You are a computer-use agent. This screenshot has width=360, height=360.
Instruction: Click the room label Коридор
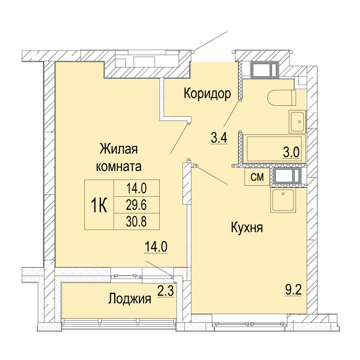click(x=207, y=94)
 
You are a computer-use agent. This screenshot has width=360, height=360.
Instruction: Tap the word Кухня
click(x=247, y=228)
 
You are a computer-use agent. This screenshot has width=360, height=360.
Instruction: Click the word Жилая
click(x=119, y=149)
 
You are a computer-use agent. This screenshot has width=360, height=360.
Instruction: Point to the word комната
click(x=119, y=166)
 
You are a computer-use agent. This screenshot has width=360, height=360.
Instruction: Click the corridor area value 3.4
click(x=219, y=138)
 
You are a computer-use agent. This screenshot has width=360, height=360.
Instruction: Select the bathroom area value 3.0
click(x=291, y=152)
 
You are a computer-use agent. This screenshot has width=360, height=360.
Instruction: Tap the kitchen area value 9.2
click(x=293, y=290)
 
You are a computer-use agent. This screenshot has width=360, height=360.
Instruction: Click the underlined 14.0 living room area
click(x=156, y=247)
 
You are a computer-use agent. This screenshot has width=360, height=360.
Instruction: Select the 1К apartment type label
click(x=99, y=205)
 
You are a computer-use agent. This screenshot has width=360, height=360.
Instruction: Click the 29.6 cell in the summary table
click(x=136, y=205)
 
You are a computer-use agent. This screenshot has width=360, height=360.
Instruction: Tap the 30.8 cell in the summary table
click(x=136, y=222)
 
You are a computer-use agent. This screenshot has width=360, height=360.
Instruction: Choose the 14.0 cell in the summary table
click(x=136, y=188)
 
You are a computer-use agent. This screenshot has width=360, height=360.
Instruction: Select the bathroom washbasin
click(x=298, y=122)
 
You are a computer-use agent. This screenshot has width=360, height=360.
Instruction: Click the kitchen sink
click(x=283, y=200)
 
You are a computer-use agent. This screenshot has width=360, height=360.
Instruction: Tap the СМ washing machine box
click(x=257, y=177)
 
